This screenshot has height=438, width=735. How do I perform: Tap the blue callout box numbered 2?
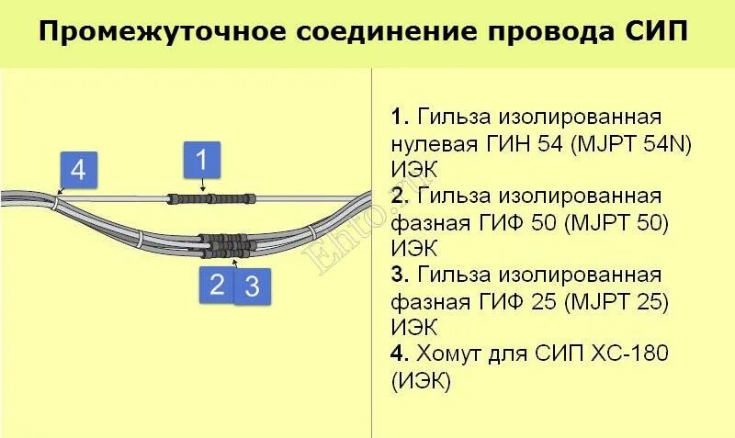pyautogui.click(x=217, y=283)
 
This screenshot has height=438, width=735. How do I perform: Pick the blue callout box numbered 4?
pyautogui.click(x=78, y=170)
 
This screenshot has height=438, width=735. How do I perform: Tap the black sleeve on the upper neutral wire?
pyautogui.click(x=210, y=198)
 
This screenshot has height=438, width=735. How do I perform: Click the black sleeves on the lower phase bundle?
pyautogui.click(x=223, y=244)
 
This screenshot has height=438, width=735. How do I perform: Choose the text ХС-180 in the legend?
pyautogui.click(x=620, y=354)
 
